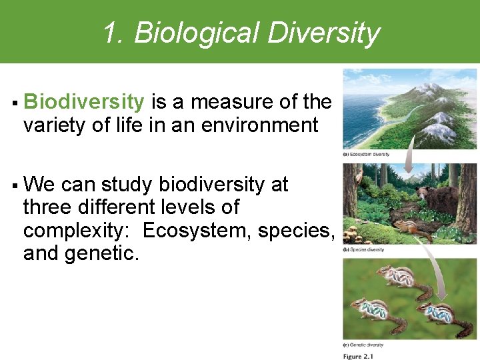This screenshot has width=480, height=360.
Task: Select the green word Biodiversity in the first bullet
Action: click(83, 102)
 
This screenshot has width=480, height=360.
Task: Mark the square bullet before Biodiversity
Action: click(15, 103)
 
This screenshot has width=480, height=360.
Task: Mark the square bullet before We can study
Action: click(15, 185)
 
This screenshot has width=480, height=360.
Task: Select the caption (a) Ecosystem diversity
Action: click(366, 155)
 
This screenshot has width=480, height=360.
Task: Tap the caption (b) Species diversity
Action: click(363, 249)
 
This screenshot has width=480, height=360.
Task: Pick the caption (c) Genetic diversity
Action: click(363, 345)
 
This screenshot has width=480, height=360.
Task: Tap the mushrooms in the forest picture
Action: click(354, 234)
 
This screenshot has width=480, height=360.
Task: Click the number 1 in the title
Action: click(111, 32)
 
